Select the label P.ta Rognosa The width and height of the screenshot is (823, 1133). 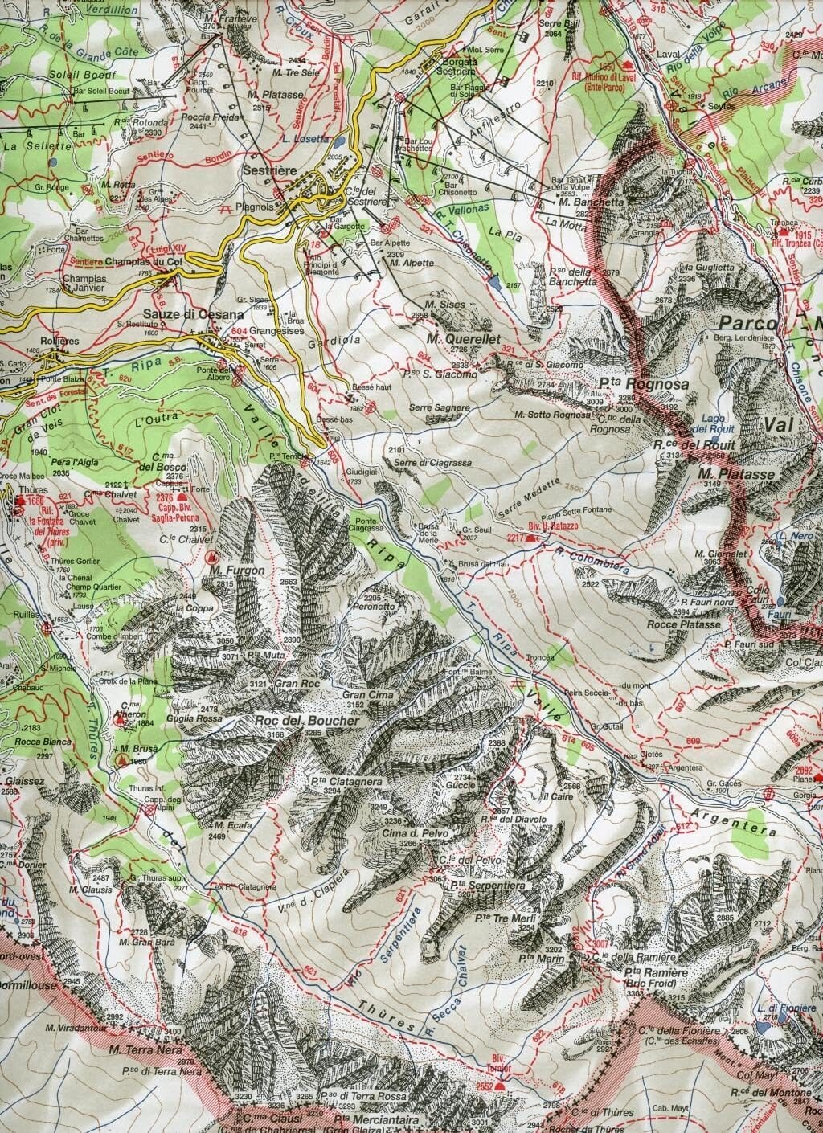[643, 385]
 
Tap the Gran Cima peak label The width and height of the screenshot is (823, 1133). [366, 693]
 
